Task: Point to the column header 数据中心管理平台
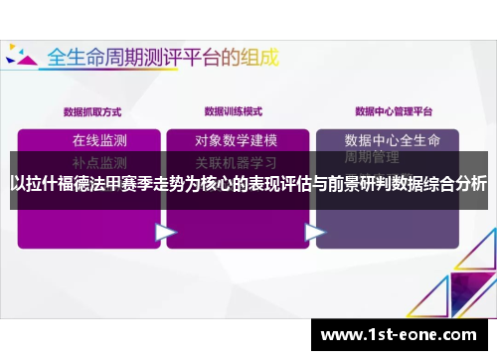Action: (x=389, y=110)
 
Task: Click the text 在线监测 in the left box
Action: (x=99, y=139)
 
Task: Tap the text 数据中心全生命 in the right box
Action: (x=392, y=139)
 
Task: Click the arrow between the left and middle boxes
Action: (x=165, y=232)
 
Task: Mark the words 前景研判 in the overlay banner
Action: (x=361, y=183)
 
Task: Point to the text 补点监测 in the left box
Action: (x=99, y=161)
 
